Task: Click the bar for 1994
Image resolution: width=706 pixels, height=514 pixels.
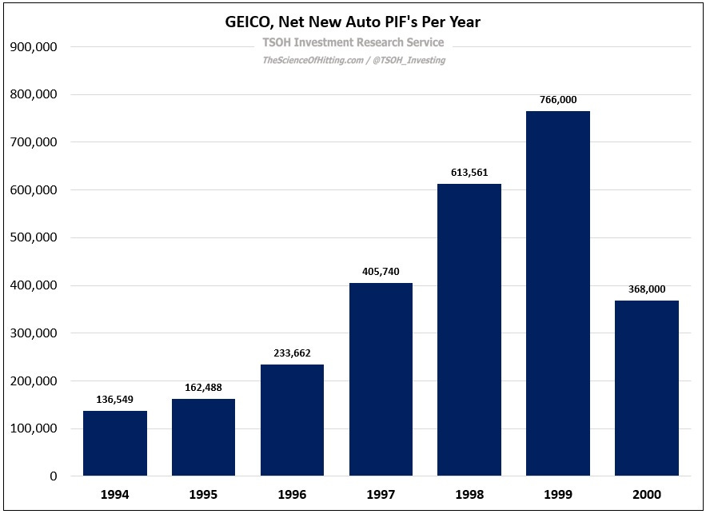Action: [x=115, y=444]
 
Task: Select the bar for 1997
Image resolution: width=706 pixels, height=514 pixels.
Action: [x=381, y=380]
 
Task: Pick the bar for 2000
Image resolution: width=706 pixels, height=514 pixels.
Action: [x=646, y=388]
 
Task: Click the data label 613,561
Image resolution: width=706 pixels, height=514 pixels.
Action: [x=469, y=172]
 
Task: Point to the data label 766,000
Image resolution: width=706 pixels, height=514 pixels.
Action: [x=558, y=99]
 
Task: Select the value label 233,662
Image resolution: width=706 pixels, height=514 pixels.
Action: [x=292, y=353]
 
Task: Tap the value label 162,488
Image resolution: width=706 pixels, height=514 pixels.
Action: [x=203, y=387]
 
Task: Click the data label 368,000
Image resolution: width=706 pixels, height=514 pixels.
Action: [x=646, y=289]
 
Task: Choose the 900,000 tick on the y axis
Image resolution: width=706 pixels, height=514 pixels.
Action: [x=33, y=47]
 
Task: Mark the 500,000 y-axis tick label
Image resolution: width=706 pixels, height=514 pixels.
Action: [x=33, y=238]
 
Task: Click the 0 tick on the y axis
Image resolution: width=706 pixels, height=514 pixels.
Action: [x=53, y=476]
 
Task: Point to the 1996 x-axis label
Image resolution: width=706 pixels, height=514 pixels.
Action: [x=292, y=495]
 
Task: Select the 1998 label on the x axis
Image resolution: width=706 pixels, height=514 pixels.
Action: [x=469, y=495]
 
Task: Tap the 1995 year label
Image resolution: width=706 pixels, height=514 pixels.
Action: [x=203, y=495]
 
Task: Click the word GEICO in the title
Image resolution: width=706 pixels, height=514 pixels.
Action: [x=249, y=22]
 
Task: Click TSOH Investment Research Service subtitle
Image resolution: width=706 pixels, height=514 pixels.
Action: [x=353, y=42]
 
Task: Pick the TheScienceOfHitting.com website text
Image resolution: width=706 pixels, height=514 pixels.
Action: [x=313, y=60]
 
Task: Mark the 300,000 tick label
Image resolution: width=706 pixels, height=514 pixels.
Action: [x=33, y=333]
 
